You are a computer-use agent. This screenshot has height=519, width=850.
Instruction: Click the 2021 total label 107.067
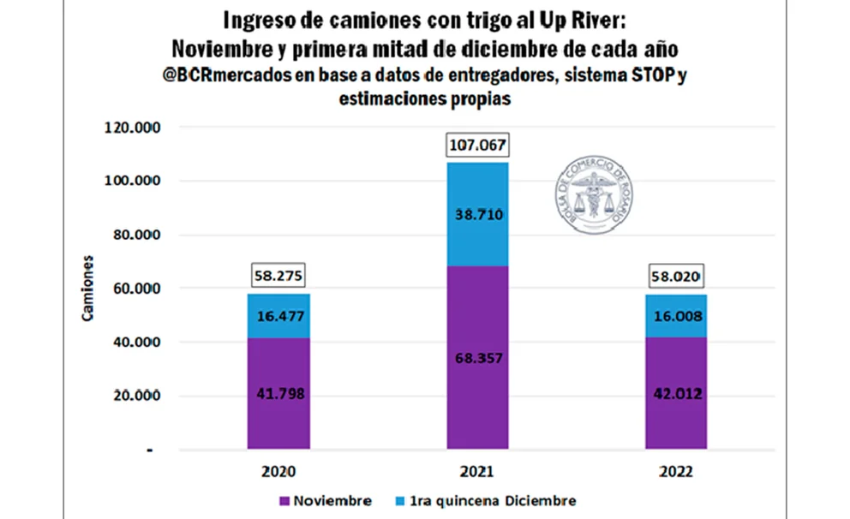coord(476,146)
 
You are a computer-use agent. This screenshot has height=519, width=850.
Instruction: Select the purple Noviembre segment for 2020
coord(280,392)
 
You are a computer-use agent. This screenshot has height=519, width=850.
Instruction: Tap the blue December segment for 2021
coord(476,214)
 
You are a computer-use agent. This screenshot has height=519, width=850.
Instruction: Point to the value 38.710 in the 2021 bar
coord(476,214)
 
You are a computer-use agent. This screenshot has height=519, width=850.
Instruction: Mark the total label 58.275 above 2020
coord(280,277)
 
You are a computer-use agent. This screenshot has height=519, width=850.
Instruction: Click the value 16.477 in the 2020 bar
coord(280,316)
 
